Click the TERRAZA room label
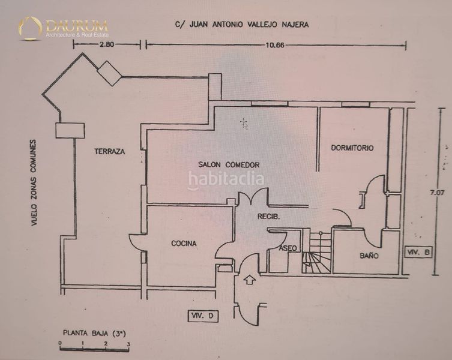[109, 151]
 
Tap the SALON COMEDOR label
[229, 165]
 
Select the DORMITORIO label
[352, 148]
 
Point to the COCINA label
[184, 244]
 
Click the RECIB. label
[268, 216]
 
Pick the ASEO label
[288, 248]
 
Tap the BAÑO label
[369, 256]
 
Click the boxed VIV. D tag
[203, 316]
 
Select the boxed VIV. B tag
[418, 253]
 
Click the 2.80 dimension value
[107, 44]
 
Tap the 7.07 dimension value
[438, 193]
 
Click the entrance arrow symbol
[250, 280]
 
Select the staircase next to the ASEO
[316, 252]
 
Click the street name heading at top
[242, 25]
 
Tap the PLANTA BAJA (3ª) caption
[94, 333]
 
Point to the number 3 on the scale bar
[128, 344]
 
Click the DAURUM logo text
[77, 26]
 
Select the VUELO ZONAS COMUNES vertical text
[34, 183]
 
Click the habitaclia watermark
[226, 179]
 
